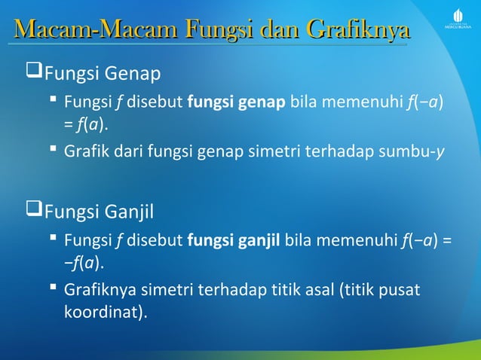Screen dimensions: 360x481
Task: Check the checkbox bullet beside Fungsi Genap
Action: (34, 73)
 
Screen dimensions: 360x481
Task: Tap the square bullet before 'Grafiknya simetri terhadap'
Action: (55, 289)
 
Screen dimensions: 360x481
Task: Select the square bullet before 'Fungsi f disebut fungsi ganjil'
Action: (55, 241)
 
